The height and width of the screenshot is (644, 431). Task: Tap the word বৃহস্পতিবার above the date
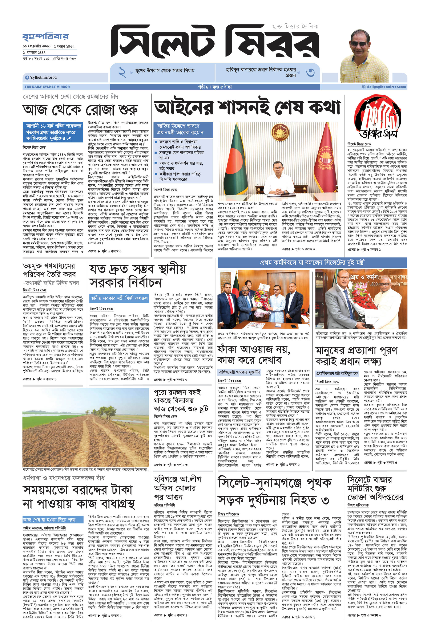[45, 37]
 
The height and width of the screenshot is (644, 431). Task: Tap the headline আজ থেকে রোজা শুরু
[80, 110]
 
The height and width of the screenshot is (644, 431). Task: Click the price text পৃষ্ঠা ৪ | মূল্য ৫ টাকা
[215, 87]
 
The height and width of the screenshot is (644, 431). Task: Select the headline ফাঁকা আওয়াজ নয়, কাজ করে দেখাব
[254, 355]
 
